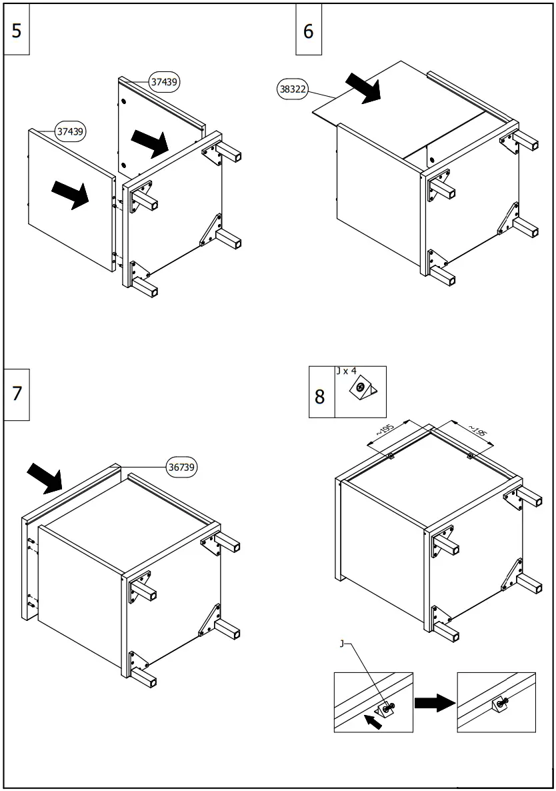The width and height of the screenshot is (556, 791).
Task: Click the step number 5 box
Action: tap(17, 31)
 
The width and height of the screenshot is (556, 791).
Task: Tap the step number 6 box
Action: tap(308, 31)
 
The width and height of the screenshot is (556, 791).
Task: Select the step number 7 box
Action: tap(17, 393)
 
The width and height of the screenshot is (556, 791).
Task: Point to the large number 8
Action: tap(320, 397)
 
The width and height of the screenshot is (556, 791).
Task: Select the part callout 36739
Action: tap(181, 468)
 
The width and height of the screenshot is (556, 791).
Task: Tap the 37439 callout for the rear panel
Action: tap(164, 82)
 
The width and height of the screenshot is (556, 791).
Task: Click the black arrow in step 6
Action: tap(363, 88)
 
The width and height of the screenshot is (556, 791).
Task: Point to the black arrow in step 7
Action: tap(45, 478)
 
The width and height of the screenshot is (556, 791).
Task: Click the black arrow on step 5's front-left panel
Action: tap(70, 194)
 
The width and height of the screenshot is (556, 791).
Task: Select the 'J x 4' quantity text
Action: tap(347, 371)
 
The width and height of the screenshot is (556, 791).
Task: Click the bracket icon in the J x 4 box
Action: tap(363, 389)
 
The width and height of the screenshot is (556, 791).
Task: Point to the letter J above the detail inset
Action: tap(342, 644)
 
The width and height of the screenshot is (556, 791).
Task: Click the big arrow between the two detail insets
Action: tap(435, 702)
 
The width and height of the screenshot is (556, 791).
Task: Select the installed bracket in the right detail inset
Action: tap(499, 703)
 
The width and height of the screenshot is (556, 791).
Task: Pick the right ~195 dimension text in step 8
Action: tap(477, 432)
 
